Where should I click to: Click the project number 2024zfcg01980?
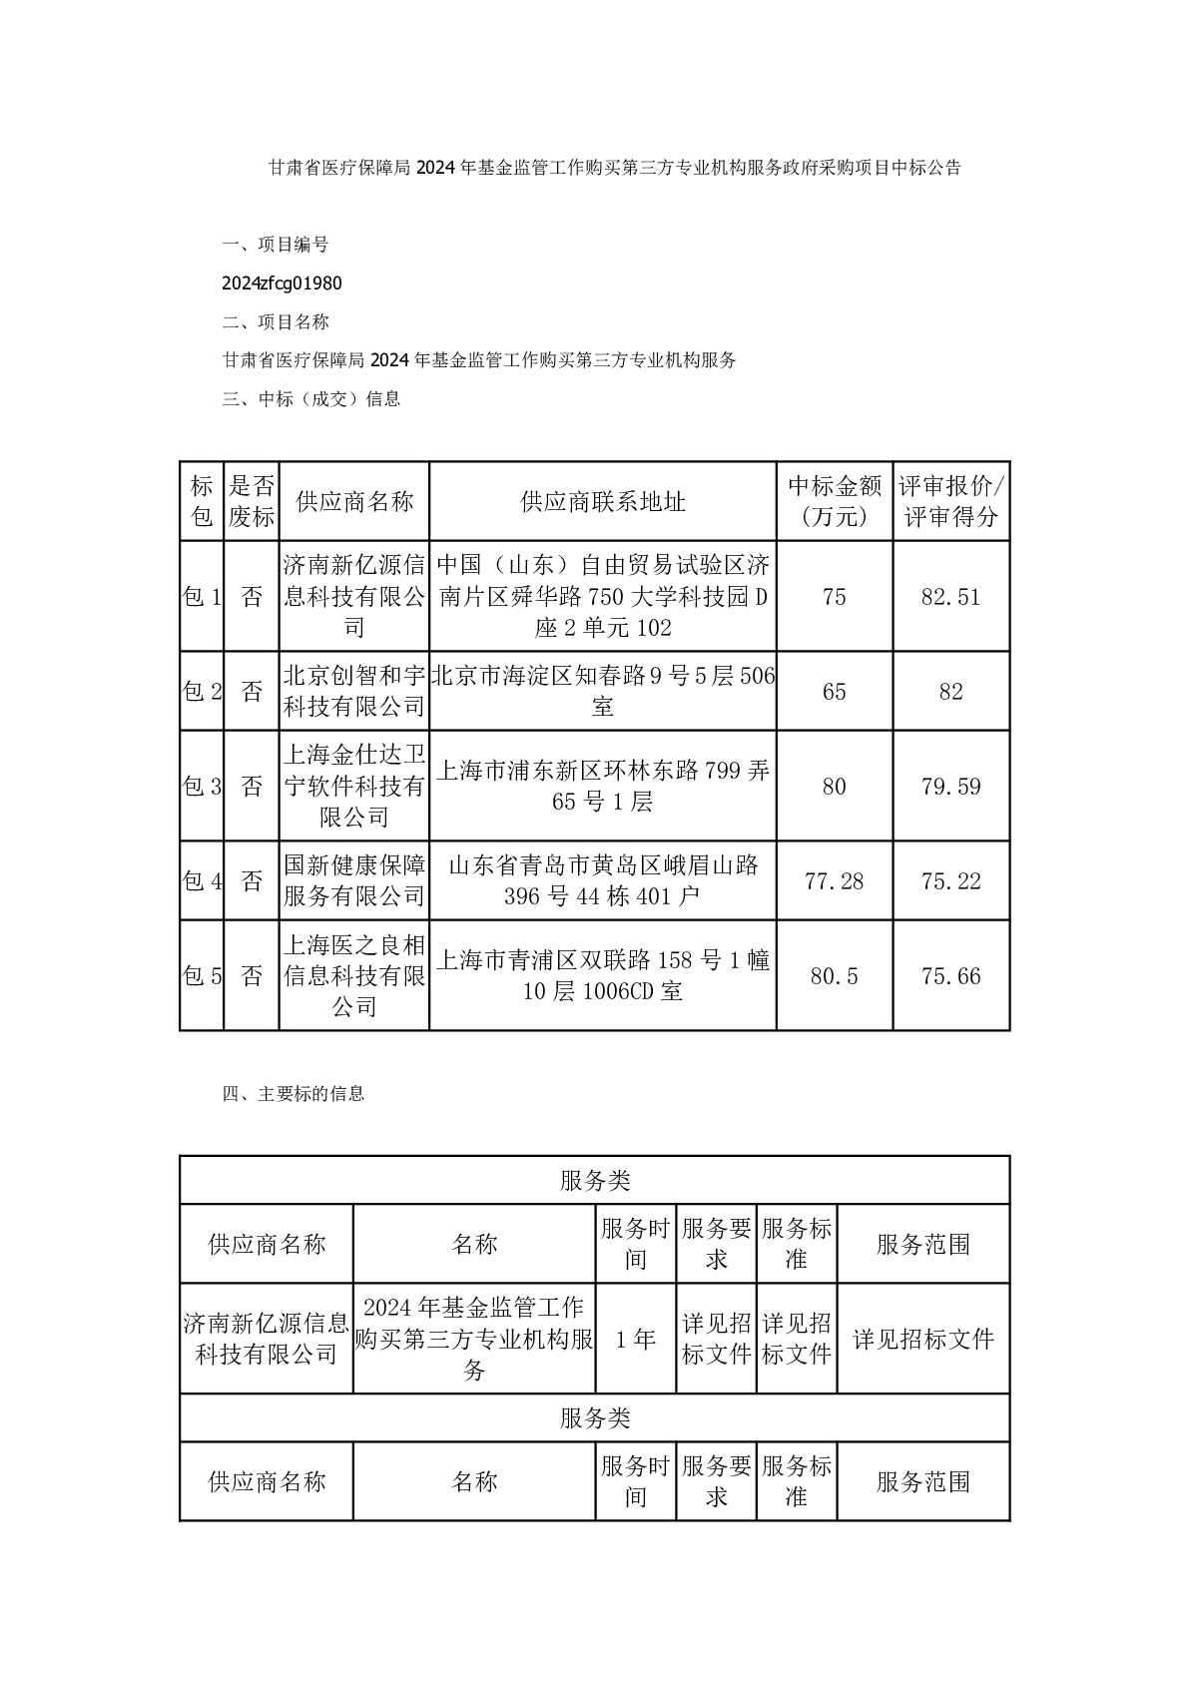[x=282, y=283]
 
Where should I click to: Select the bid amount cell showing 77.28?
[x=834, y=881]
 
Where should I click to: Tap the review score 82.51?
[x=950, y=597]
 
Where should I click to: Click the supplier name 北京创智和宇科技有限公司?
[x=354, y=692]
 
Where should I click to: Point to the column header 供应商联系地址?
[x=603, y=501]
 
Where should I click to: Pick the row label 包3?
[x=202, y=787]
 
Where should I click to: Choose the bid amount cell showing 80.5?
[x=834, y=976]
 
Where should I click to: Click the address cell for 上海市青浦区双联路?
[x=603, y=976]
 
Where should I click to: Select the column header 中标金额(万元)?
[x=835, y=501]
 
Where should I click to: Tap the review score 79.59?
[x=950, y=787]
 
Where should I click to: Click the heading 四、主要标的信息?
[x=294, y=1094]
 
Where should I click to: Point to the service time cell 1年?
[x=636, y=1340]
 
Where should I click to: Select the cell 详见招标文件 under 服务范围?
[x=923, y=1340]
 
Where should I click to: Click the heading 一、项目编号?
[x=276, y=245]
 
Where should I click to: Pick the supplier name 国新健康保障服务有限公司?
[x=354, y=881]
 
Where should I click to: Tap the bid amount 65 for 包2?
[x=834, y=692]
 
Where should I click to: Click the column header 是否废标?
[x=252, y=501]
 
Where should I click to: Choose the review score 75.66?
[x=950, y=976]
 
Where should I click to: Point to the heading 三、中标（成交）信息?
[x=311, y=399]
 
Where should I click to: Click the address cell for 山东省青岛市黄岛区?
[x=603, y=881]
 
